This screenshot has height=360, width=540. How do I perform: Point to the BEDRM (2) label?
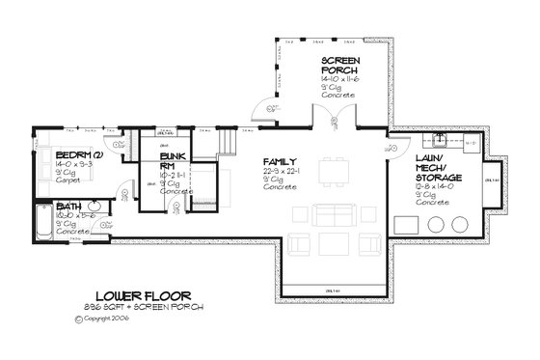(49, 154)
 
